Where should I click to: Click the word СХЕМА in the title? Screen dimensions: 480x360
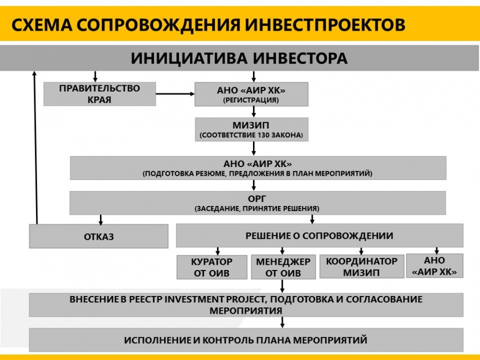(x=42, y=25)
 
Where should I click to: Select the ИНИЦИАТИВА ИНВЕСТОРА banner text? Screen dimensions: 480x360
(x=239, y=58)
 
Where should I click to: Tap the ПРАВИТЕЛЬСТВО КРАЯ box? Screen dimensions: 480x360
(x=99, y=94)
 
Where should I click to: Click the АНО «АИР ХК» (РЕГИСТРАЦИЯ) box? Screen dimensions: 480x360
(x=251, y=94)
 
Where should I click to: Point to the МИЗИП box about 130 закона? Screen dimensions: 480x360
(x=251, y=130)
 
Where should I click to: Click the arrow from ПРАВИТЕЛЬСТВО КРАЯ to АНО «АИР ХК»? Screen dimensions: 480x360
(x=175, y=94)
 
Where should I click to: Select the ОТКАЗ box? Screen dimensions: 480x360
(x=98, y=236)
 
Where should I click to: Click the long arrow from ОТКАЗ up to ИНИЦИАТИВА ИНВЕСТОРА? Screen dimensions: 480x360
(x=36, y=147)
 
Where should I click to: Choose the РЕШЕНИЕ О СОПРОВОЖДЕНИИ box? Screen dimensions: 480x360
(x=319, y=236)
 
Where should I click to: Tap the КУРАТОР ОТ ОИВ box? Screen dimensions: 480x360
(x=212, y=267)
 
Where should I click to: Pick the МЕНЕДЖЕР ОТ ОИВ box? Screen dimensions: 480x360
(x=283, y=267)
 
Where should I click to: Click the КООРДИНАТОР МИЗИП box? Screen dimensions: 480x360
(x=361, y=266)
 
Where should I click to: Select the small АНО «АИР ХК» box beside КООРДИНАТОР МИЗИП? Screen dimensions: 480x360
(x=435, y=266)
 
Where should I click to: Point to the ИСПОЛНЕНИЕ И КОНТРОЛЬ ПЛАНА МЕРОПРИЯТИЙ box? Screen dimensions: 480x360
(x=246, y=340)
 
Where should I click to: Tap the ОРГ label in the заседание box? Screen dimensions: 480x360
(x=257, y=199)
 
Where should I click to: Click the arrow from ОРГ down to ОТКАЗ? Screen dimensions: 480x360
(x=100, y=220)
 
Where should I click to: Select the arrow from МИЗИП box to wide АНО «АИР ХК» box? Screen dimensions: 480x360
(x=254, y=149)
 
